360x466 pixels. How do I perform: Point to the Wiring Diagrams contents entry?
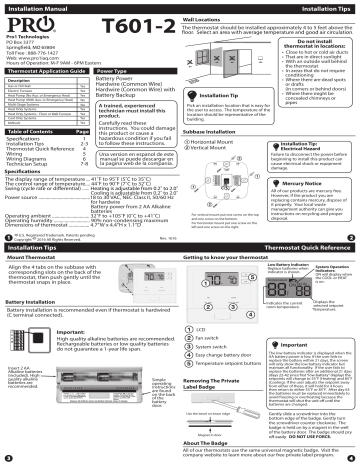click(29, 156)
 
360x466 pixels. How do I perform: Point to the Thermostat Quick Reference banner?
click(301, 243)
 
